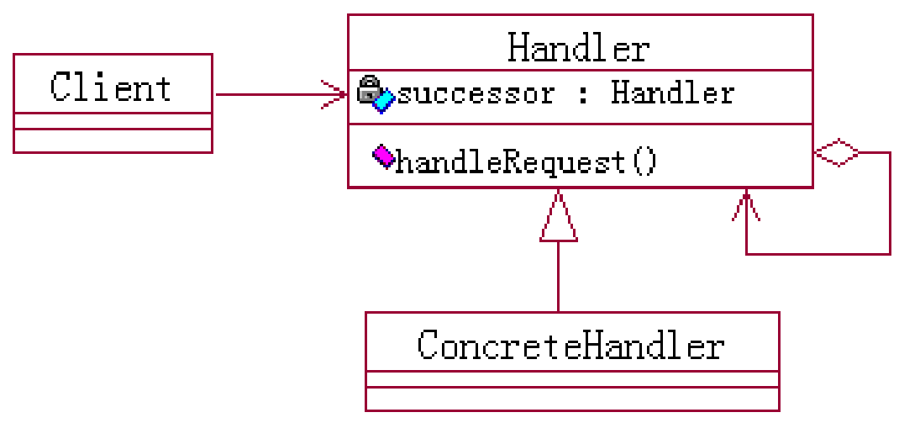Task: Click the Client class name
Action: coord(111,87)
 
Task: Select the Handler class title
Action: coord(579,48)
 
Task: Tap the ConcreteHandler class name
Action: coord(570,345)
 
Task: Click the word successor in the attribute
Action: coord(475,93)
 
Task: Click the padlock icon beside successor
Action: coord(368,88)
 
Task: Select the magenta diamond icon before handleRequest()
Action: coord(382,156)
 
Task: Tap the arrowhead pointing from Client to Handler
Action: coord(336,94)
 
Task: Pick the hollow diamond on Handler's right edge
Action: coord(836,153)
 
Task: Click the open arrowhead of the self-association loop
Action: coord(746,206)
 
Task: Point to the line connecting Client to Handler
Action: coord(269,94)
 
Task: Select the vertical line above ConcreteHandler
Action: coord(558,278)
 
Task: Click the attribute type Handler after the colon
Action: coord(672,93)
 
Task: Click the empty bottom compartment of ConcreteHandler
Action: coord(571,399)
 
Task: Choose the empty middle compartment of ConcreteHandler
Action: coord(571,379)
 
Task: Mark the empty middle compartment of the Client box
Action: coord(113,121)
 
